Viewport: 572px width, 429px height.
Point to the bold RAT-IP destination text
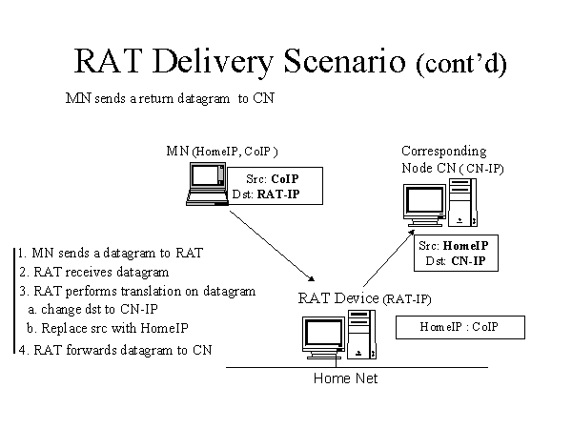click(286, 194)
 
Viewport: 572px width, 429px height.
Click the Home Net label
click(345, 378)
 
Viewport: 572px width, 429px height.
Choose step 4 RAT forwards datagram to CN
click(114, 350)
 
